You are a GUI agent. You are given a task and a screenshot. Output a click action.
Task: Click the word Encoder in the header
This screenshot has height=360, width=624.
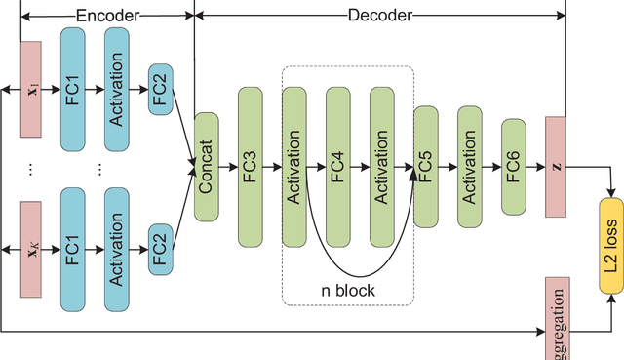106,15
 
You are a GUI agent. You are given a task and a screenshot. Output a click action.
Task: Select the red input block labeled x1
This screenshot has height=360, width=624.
31,90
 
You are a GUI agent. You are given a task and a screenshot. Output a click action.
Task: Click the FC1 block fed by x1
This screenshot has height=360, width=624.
75,90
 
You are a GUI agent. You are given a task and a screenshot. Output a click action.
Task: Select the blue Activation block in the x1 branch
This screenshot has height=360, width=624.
116,90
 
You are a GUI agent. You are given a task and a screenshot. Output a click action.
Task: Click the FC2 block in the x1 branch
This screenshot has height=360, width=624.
161,90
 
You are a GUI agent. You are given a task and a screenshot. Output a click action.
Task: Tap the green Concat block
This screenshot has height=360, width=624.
206,167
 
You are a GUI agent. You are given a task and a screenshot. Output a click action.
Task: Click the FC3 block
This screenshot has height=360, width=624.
250,167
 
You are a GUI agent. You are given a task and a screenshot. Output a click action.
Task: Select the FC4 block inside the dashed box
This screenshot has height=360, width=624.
337,167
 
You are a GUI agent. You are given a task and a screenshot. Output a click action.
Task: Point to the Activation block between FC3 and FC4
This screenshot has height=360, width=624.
293,167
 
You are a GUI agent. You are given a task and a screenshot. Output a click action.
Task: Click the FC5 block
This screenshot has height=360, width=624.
425,167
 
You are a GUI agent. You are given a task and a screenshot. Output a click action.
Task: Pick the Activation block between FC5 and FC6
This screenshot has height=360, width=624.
469,167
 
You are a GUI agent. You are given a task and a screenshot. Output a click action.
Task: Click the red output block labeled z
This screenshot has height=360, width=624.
556,167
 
